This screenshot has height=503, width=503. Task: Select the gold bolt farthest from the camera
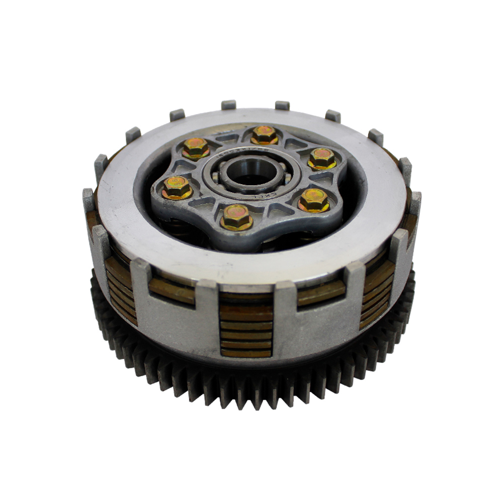click(264, 134)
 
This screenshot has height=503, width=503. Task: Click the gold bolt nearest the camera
click(236, 217)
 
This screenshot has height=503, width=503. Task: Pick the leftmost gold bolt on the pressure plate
click(177, 188)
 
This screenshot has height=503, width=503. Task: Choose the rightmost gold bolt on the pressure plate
click(322, 158)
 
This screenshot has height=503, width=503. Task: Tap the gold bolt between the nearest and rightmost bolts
click(314, 200)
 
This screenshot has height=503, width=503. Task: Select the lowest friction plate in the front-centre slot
click(246, 353)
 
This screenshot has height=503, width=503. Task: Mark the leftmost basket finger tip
click(88, 194)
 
